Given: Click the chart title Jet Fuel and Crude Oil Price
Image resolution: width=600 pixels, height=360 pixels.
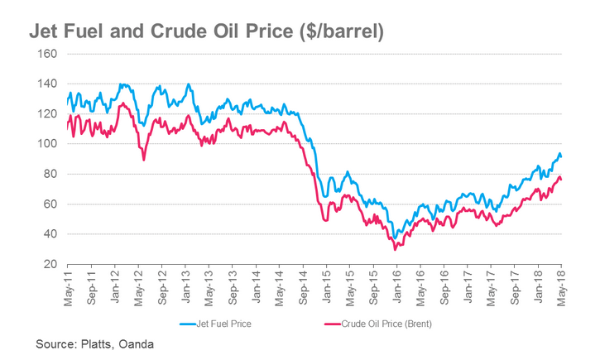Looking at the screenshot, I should [207, 31].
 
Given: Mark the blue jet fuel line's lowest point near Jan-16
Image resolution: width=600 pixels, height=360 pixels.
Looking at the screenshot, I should [396, 238].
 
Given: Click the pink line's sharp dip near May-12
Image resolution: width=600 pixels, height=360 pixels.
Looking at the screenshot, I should [144, 160].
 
